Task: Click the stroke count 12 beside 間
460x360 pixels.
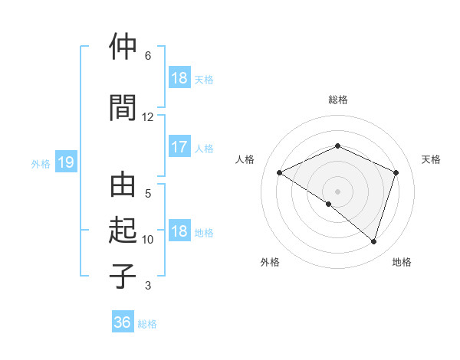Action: [x=148, y=117]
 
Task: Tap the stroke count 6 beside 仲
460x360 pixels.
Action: [x=148, y=56]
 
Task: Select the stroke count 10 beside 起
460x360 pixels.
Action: [x=148, y=240]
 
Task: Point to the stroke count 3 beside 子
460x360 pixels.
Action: [x=148, y=286]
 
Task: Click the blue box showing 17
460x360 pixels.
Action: [x=179, y=147]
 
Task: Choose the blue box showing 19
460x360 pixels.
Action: [x=65, y=162]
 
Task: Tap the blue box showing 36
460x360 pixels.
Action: [x=123, y=322]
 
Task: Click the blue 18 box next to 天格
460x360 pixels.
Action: [x=179, y=78]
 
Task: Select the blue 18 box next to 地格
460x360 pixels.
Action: [x=179, y=231]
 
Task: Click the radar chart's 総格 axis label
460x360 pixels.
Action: [x=338, y=100]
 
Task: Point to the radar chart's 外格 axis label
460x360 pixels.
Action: [x=270, y=262]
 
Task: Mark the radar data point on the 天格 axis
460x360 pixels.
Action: [x=396, y=172]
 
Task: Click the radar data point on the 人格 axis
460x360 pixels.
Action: [x=280, y=172]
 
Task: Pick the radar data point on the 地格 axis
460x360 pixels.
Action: [x=374, y=241]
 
